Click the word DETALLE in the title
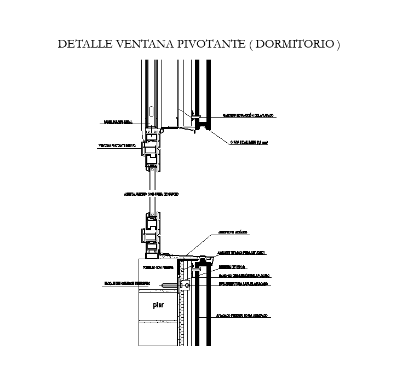(x=85, y=44)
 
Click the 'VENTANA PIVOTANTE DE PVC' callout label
(x=116, y=146)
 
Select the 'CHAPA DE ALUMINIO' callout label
(x=248, y=142)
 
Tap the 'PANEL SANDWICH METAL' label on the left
(x=117, y=122)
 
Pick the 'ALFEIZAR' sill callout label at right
(x=230, y=232)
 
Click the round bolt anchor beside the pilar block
(x=187, y=285)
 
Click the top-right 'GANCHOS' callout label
(x=248, y=116)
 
